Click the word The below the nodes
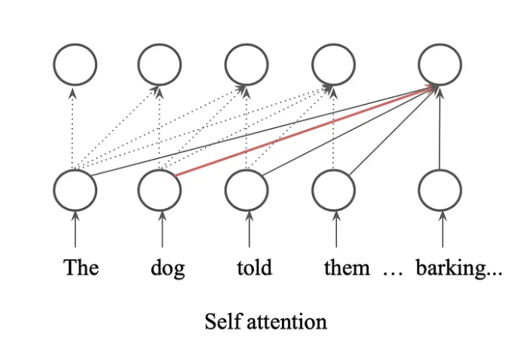(81, 268)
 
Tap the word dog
(168, 269)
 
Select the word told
(255, 268)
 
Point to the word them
(347, 268)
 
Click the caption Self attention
(266, 321)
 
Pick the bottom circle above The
(75, 188)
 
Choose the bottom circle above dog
(162, 188)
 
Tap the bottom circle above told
(248, 188)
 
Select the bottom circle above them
(335, 188)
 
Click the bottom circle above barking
(440, 188)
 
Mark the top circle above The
(75, 63)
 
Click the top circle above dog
(160, 63)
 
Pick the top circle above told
(248, 63)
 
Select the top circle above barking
(440, 63)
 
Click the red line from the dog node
(303, 133)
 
